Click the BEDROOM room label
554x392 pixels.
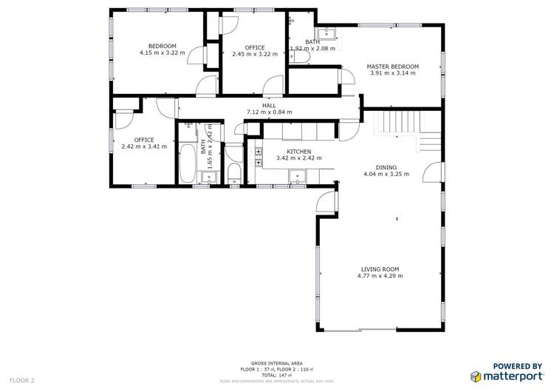pyautogui.click(x=162, y=46)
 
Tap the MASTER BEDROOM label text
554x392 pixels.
pyautogui.click(x=392, y=67)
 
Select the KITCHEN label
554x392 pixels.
pyautogui.click(x=289, y=151)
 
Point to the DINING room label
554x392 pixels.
pyautogui.click(x=386, y=167)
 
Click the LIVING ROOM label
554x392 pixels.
pyautogui.click(x=380, y=269)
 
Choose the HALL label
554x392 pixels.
pyautogui.click(x=269, y=105)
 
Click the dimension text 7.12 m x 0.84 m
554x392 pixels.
pyautogui.click(x=269, y=112)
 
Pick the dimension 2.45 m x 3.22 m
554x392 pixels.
pyautogui.click(x=254, y=54)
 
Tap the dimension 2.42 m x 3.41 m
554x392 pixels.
pyautogui.click(x=144, y=146)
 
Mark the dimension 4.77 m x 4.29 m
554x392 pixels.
pyautogui.click(x=380, y=277)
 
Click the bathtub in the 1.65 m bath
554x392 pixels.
pyautogui.click(x=188, y=164)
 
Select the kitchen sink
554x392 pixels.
pyautogui.click(x=298, y=177)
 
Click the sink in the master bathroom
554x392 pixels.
pyautogui.click(x=325, y=33)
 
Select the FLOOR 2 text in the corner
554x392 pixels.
pyautogui.click(x=22, y=379)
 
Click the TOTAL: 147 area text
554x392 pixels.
pyautogui.click(x=277, y=375)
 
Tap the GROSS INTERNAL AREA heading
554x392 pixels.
pyautogui.click(x=277, y=363)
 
